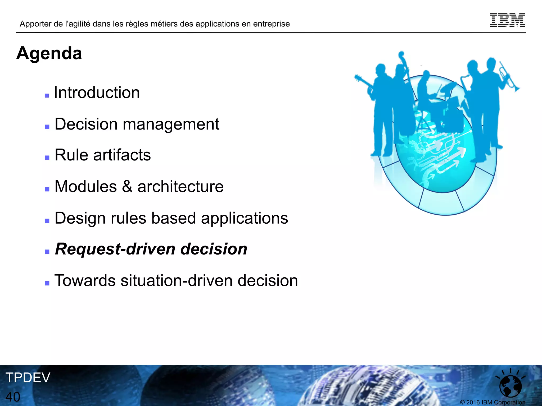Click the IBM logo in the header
click(507, 20)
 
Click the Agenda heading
click(49, 53)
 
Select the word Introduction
click(97, 93)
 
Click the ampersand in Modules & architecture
click(127, 186)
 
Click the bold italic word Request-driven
click(115, 249)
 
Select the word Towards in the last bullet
click(85, 281)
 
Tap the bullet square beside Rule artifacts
click(47, 158)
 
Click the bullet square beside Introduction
click(47, 96)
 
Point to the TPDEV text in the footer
click(28, 377)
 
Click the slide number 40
click(13, 397)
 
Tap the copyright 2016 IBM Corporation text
click(493, 402)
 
